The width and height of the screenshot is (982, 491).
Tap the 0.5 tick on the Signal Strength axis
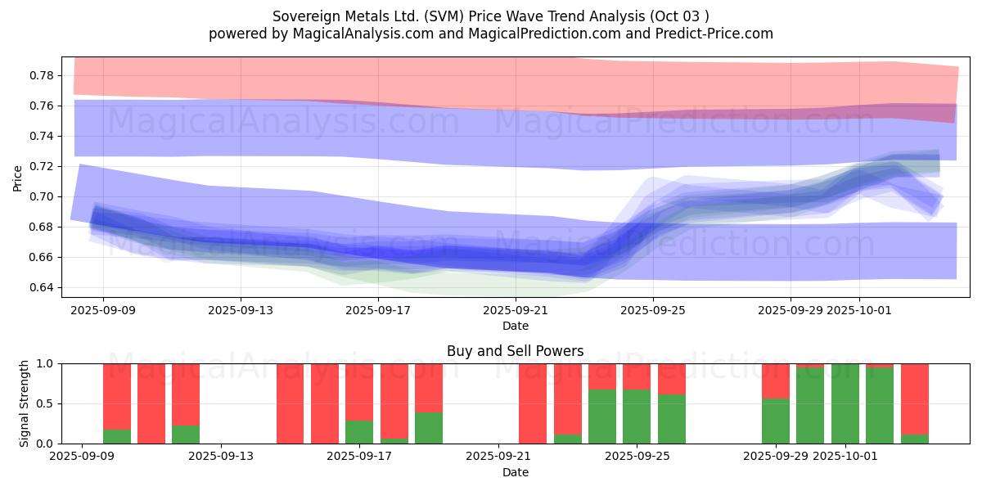(x=45, y=403)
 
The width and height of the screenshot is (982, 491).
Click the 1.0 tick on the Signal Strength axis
(x=45, y=363)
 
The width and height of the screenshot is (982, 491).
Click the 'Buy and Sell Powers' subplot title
(x=515, y=351)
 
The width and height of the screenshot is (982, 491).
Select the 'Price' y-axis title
(x=18, y=178)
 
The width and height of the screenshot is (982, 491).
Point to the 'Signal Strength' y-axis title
(x=25, y=403)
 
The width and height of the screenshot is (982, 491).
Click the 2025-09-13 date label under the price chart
(x=241, y=311)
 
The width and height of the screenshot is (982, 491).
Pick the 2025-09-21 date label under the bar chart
(x=498, y=456)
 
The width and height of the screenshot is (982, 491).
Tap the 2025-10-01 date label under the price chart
(x=859, y=311)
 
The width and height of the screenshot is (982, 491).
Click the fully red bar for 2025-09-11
(x=151, y=403)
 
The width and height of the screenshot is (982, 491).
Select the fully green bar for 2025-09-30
(x=845, y=403)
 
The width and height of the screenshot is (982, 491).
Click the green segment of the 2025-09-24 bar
(x=602, y=417)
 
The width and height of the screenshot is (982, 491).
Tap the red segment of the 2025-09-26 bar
(x=672, y=379)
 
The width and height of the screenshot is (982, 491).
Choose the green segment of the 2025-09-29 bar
(x=776, y=421)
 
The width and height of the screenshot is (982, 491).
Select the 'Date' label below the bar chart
(x=515, y=472)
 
